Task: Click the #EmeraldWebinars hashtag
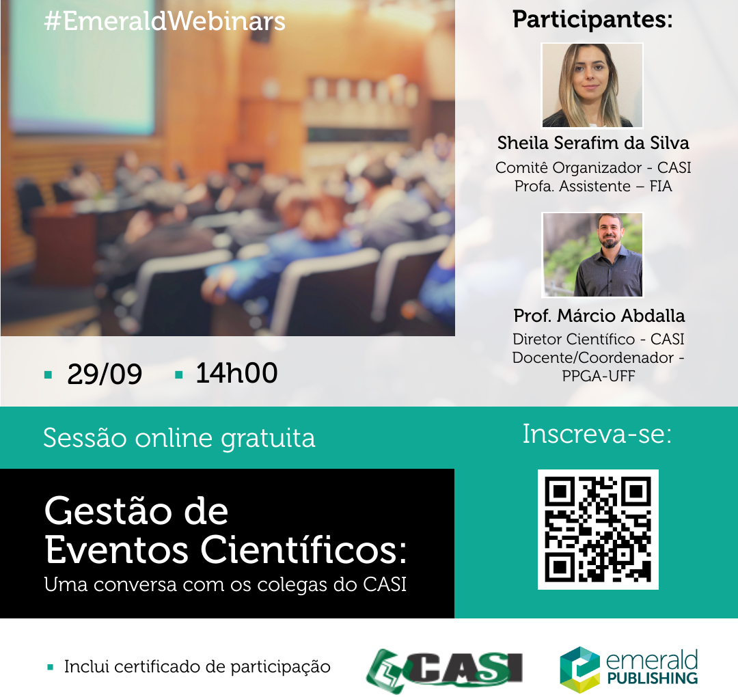[165, 21]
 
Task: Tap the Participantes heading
[592, 20]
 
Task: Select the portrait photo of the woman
[592, 85]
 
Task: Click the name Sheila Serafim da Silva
[593, 143]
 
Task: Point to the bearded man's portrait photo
[592, 255]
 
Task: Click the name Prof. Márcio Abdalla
[599, 315]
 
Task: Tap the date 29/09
[105, 374]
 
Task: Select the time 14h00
[236, 372]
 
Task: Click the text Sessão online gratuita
[179, 438]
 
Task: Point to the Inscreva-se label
[597, 433]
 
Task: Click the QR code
[598, 530]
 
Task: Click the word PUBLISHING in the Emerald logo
[653, 678]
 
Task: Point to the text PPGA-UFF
[598, 376]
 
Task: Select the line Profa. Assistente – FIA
[593, 186]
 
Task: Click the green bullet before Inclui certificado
[51, 667]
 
